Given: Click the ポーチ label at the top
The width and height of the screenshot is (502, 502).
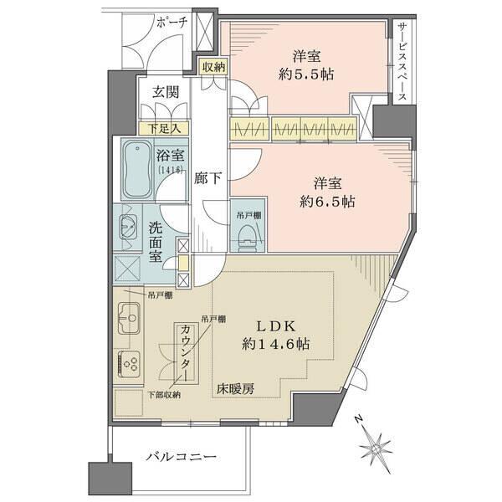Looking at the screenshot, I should (x=172, y=23).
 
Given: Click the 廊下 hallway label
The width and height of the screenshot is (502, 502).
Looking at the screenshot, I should (x=208, y=177).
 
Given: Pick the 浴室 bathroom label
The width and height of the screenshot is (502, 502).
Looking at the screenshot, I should (x=171, y=154).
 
